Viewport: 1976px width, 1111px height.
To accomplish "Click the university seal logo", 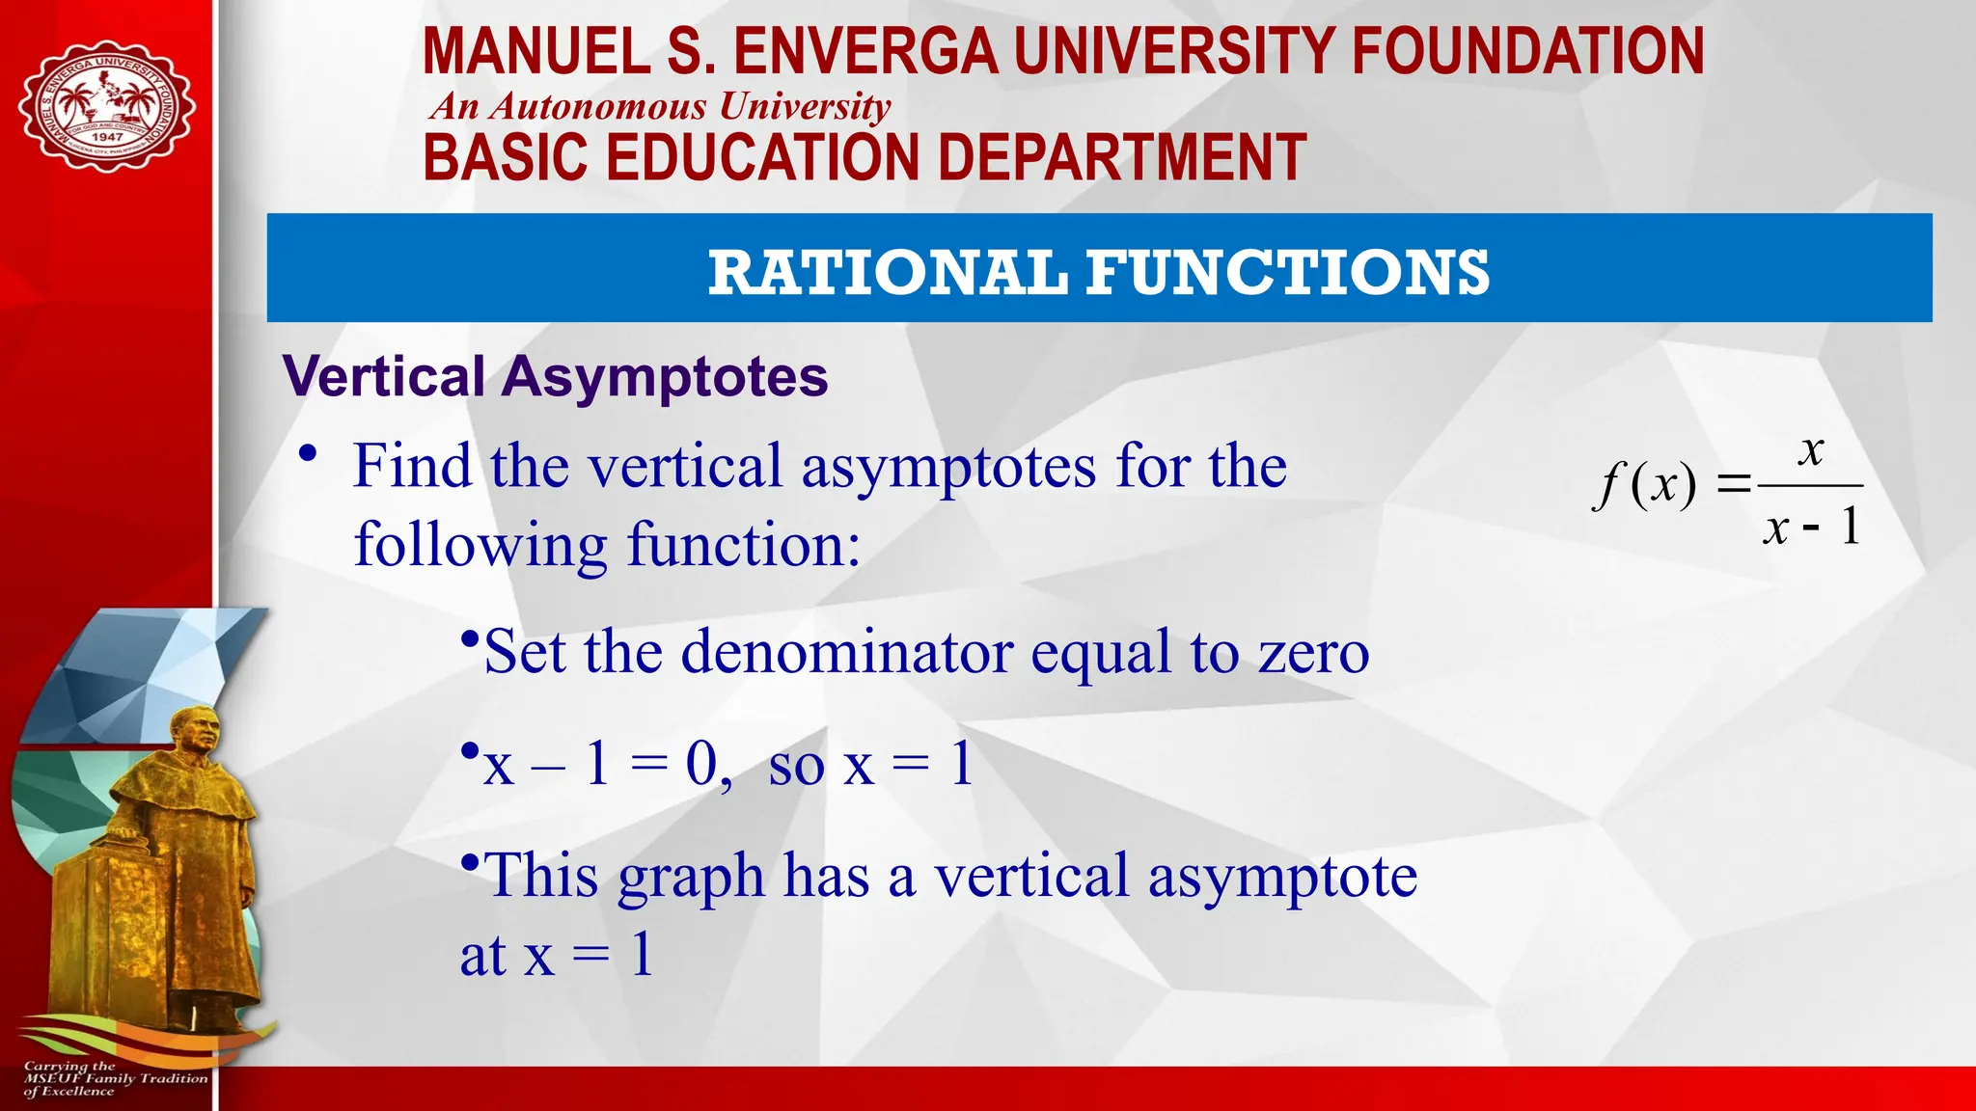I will click(x=106, y=106).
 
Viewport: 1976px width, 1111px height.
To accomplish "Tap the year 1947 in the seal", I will click(x=107, y=137).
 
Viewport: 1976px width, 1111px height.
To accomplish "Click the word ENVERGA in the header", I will click(x=865, y=52).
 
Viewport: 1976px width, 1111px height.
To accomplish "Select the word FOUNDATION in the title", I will click(x=1527, y=52).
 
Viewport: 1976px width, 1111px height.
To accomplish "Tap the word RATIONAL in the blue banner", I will click(x=888, y=272).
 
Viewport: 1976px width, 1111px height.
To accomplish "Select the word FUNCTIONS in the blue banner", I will click(x=1288, y=272).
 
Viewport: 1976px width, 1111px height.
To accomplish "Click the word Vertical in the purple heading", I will click(x=384, y=376).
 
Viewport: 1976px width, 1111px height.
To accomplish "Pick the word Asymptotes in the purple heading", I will click(x=664, y=376).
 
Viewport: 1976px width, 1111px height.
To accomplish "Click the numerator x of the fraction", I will click(x=1812, y=449).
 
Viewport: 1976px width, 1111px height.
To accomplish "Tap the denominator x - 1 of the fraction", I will click(x=1811, y=528).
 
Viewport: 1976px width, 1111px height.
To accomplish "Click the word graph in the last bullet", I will click(x=691, y=878).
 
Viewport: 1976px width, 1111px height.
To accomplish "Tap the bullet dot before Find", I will click(x=308, y=453).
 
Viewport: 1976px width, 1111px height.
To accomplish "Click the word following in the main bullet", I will click(x=480, y=546).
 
